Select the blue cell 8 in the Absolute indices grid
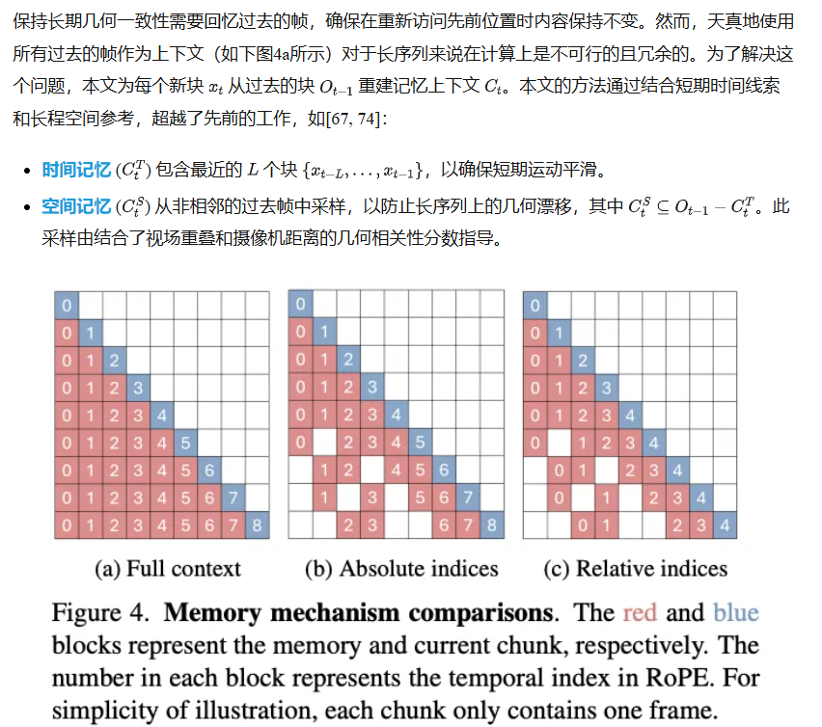point(491,526)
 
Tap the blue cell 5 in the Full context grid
point(185,444)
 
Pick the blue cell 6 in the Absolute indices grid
point(443,471)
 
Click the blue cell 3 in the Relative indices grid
point(606,388)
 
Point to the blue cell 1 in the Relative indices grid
point(558,333)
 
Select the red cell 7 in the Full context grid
point(233,526)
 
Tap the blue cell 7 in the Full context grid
point(233,498)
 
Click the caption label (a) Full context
point(168,569)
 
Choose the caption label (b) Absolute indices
point(401,569)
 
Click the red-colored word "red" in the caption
point(643,613)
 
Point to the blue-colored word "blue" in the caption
point(736,613)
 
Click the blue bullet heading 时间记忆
point(76,171)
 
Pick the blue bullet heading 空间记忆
point(76,206)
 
